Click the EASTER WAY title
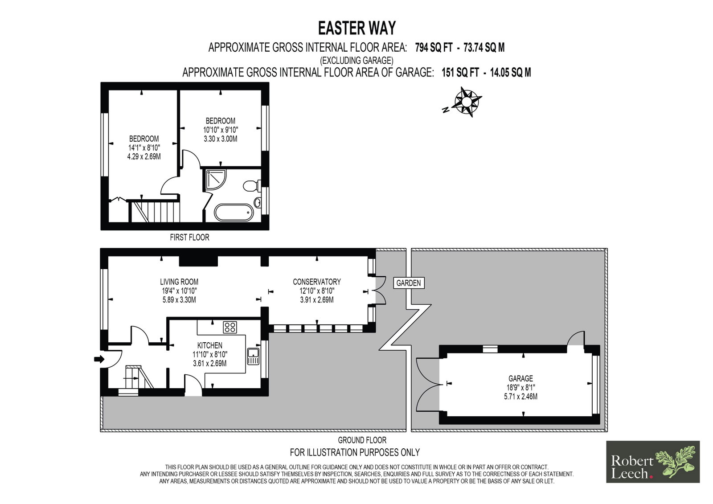[357, 28]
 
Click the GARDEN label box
[409, 283]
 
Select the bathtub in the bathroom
[234, 213]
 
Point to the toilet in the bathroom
[252, 186]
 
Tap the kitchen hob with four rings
[230, 327]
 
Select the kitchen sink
[254, 356]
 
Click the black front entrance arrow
[99, 359]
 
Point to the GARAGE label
[520, 379]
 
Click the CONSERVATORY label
[317, 282]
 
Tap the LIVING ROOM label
[179, 282]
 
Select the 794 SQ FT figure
[434, 47]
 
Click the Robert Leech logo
[653, 462]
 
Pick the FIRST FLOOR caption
[189, 237]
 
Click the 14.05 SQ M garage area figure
[510, 73]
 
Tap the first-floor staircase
[154, 211]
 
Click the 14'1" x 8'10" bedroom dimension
[144, 148]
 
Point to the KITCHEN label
[210, 345]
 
